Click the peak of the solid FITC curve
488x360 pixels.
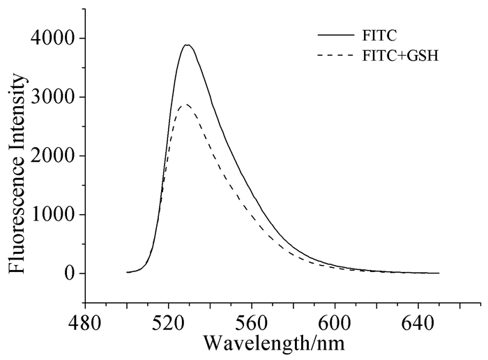[x=187, y=45]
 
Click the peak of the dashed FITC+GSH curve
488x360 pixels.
[x=185, y=105]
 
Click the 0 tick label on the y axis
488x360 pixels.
[x=68, y=273]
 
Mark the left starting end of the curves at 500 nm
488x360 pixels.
[x=127, y=272]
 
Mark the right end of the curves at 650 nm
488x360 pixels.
[x=439, y=273]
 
